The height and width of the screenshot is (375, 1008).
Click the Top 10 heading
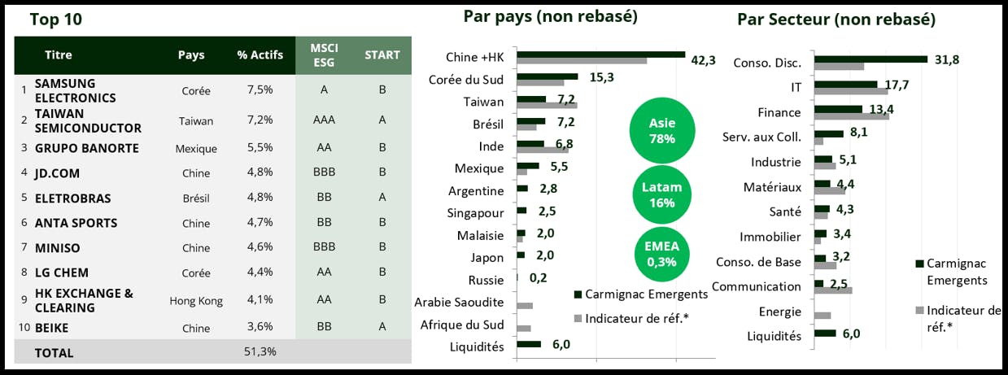(x=55, y=20)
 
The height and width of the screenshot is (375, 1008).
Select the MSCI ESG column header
(x=324, y=55)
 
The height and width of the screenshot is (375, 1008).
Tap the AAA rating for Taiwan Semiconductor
(x=324, y=120)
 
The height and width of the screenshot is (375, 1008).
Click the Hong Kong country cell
(x=196, y=301)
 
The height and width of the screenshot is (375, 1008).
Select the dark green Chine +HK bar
(x=600, y=55)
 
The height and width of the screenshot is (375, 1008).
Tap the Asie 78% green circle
(x=662, y=130)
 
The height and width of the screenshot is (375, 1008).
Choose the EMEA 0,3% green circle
(x=662, y=253)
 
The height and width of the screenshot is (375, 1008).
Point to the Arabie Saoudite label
(x=459, y=303)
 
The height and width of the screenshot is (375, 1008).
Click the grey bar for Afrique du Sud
(x=524, y=328)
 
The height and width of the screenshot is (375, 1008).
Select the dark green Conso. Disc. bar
(x=871, y=59)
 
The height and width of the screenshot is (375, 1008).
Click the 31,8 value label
(x=947, y=59)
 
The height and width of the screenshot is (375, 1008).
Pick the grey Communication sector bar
(x=836, y=290)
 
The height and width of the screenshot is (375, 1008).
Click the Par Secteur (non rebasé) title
(x=836, y=20)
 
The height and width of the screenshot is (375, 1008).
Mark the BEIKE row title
(x=51, y=328)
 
